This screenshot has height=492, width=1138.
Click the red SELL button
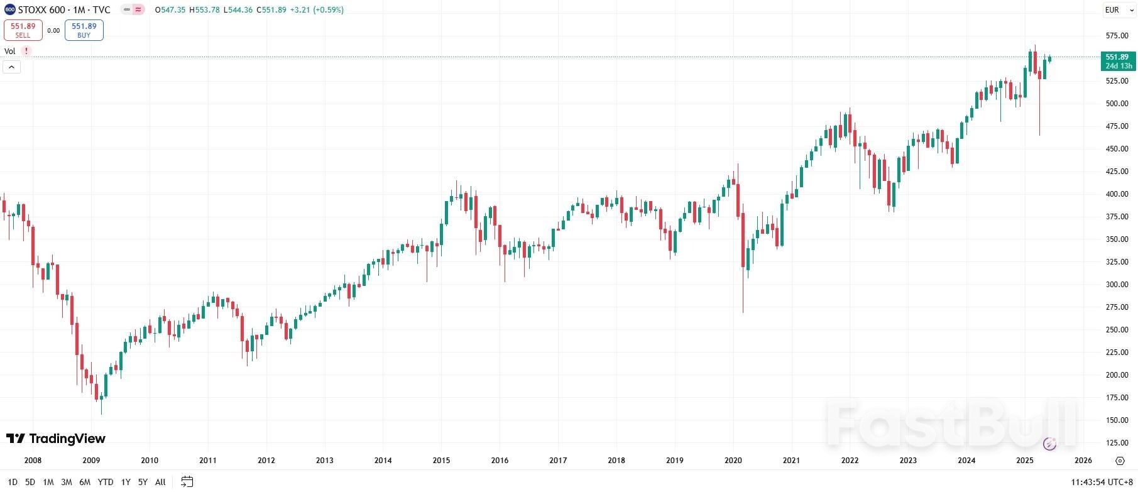point(23,30)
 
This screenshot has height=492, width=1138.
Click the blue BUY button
point(84,30)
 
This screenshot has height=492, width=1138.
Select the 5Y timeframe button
point(143,482)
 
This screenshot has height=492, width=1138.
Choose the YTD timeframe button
point(106,482)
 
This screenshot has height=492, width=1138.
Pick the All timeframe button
point(160,482)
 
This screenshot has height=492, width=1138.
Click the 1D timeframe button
point(13,482)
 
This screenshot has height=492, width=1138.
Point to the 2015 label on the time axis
point(441,461)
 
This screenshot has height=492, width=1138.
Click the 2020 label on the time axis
point(733,461)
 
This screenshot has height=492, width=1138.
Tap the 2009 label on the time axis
point(91,461)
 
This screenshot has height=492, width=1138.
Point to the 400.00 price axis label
point(1117,194)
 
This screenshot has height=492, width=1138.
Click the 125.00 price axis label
point(1117,443)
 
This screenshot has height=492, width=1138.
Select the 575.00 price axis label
point(1117,36)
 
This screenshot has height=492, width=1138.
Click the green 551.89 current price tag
point(1118,61)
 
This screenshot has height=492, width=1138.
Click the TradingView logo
point(56,439)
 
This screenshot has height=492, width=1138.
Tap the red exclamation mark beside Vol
point(26,51)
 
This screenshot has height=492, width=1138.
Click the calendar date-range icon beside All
point(187,482)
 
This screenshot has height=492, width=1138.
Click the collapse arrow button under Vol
point(11,67)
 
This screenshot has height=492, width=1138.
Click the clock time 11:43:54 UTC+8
point(1101,482)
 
